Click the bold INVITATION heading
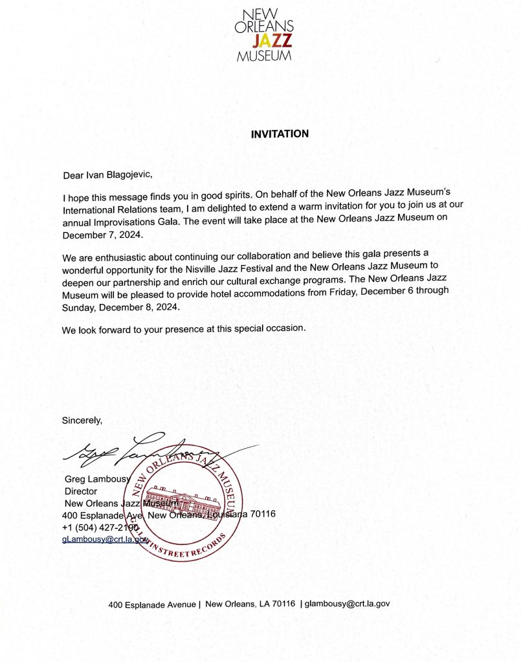pyautogui.click(x=280, y=134)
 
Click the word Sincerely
pyautogui.click(x=82, y=421)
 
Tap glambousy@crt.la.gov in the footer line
pyautogui.click(x=348, y=604)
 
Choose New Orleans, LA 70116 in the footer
pyautogui.click(x=249, y=604)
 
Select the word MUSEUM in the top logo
pyautogui.click(x=264, y=56)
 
